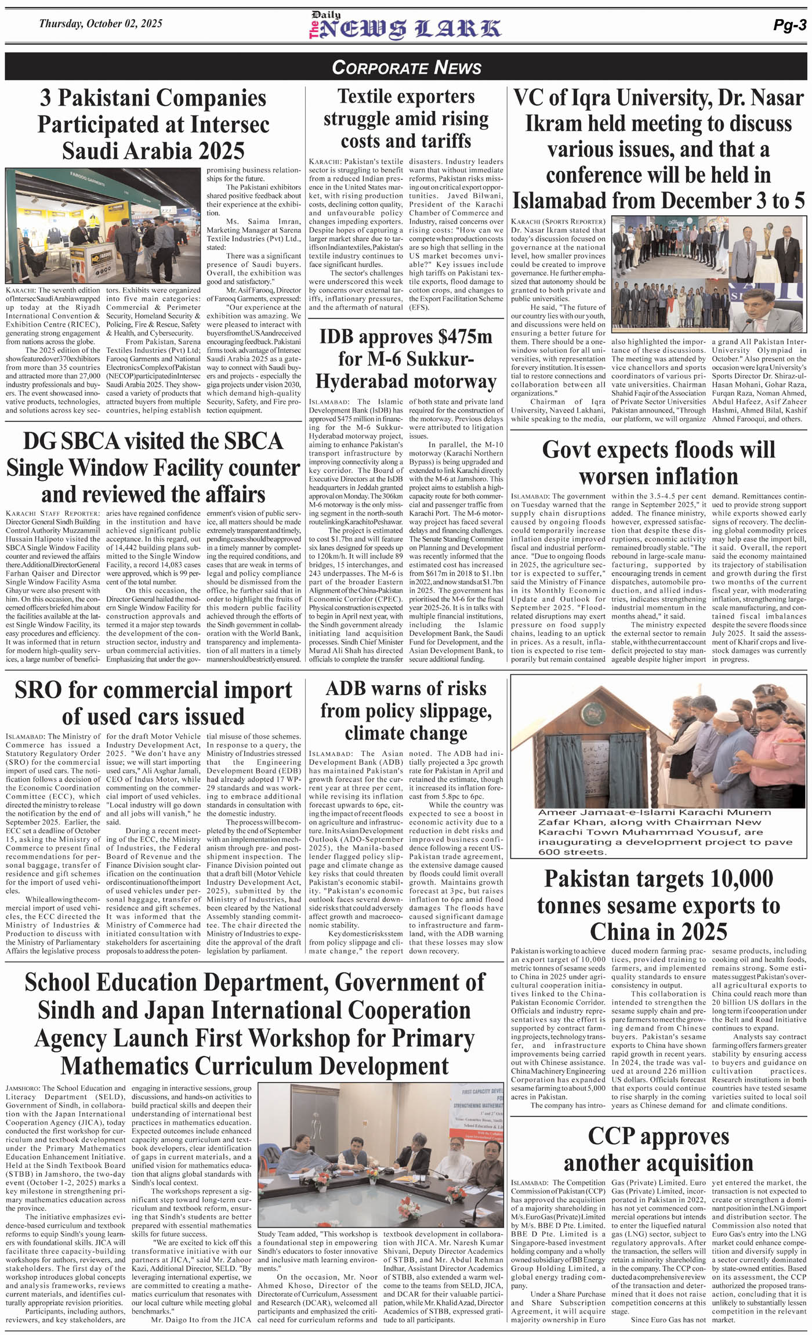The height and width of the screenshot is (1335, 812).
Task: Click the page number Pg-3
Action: coord(789,24)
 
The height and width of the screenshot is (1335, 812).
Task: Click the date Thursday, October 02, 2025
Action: coord(100,24)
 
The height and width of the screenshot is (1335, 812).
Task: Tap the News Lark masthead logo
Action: coord(405,27)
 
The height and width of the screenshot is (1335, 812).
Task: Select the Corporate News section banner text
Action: coord(406,67)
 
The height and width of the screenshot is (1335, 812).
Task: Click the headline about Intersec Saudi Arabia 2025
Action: coord(153,124)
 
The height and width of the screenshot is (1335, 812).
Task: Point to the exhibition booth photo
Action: coord(104,226)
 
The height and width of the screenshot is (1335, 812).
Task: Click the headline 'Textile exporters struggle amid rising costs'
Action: coord(406,119)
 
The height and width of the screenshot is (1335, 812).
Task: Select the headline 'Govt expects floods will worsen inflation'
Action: coord(658,463)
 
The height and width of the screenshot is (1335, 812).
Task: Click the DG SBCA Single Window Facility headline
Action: coord(153,468)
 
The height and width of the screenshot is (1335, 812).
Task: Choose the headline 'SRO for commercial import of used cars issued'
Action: coord(153,703)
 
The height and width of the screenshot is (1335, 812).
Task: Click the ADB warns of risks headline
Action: coord(406,711)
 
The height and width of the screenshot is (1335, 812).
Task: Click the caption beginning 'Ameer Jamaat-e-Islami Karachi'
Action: coord(658,831)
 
